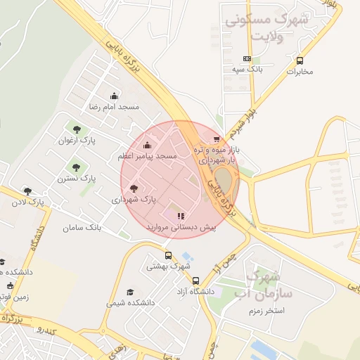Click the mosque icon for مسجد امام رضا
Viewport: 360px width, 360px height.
pyautogui.click(x=114, y=96)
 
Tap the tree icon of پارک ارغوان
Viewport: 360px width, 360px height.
pyautogui.click(x=76, y=129)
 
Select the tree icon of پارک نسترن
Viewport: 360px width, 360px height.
pyautogui.click(x=76, y=167)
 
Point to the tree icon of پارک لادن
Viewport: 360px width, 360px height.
pyautogui.click(x=27, y=191)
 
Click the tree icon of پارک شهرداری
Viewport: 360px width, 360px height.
pyautogui.click(x=134, y=188)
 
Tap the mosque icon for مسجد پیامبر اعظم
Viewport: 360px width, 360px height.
pyautogui.click(x=146, y=146)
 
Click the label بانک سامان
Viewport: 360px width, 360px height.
pyautogui.click(x=82, y=228)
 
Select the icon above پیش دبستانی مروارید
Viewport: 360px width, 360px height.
pyautogui.click(x=181, y=216)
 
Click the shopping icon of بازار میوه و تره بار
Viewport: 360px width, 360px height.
pyautogui.click(x=217, y=139)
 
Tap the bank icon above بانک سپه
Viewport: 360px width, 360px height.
pyautogui.click(x=247, y=59)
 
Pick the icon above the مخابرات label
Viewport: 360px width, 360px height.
pyautogui.click(x=300, y=60)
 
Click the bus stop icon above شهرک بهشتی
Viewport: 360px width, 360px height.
pyautogui.click(x=168, y=255)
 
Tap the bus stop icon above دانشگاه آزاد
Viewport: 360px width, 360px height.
pyautogui.click(x=195, y=281)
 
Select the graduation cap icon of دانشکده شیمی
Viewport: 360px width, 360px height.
pyautogui.click(x=130, y=292)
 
